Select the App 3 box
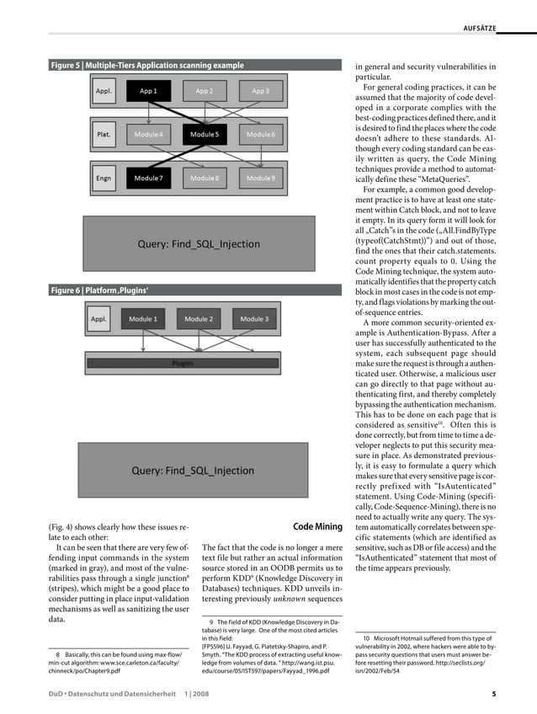coord(260,90)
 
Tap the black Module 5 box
coord(205,134)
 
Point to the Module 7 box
coord(148,178)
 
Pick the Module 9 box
coord(260,178)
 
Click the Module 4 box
coord(148,134)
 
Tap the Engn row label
coord(104,178)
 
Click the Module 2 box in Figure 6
coord(199,319)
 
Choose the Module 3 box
coord(254,319)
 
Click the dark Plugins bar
coord(183,363)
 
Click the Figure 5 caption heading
coord(147,65)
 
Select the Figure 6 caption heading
coord(100,290)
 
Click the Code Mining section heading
coord(317,527)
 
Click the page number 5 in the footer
coord(494,694)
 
